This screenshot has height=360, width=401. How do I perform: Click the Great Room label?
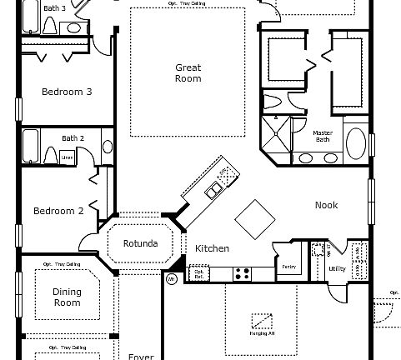(x=188, y=72)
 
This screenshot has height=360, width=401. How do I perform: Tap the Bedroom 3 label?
(x=67, y=92)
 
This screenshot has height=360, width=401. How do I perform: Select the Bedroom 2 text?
(x=58, y=211)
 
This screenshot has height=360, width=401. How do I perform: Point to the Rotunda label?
(x=140, y=244)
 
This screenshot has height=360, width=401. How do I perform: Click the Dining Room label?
(x=67, y=297)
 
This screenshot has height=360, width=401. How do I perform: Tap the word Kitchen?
(x=212, y=248)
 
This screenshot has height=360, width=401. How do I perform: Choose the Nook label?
(x=326, y=205)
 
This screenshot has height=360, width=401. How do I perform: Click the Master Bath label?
(x=323, y=137)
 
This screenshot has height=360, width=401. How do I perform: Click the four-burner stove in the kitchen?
(x=243, y=272)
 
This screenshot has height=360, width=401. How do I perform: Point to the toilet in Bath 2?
(x=50, y=156)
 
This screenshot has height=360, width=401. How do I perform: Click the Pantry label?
(x=289, y=267)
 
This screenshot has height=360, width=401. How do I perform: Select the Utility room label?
(x=338, y=269)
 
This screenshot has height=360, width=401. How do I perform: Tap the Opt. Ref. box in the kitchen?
(x=199, y=273)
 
